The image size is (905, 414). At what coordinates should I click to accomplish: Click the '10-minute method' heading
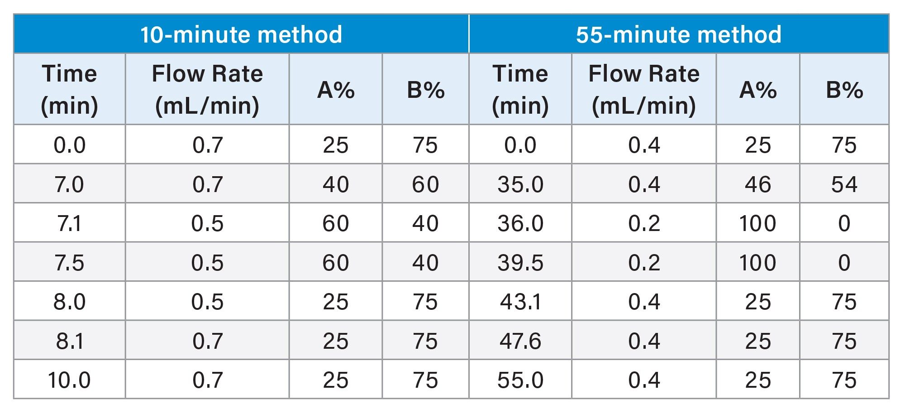click(241, 34)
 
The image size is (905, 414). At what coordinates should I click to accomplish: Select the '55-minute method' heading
click(678, 34)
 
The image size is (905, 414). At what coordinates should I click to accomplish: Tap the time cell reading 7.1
click(69, 223)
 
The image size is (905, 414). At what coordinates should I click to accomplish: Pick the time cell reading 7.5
click(69, 263)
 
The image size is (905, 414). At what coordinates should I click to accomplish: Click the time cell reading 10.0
click(69, 380)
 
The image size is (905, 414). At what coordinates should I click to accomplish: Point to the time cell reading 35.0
click(520, 184)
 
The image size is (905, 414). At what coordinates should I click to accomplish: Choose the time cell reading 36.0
click(520, 223)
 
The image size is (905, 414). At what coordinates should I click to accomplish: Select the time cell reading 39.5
click(520, 263)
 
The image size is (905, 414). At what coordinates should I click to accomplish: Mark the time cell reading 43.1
click(520, 302)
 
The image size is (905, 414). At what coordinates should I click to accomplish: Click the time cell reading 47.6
click(520, 341)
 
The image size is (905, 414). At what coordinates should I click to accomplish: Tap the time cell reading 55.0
click(520, 380)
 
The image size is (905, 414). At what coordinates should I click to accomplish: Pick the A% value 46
click(758, 184)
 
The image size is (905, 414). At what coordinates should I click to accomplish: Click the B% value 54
click(844, 184)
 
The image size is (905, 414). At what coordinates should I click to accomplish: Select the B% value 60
click(425, 184)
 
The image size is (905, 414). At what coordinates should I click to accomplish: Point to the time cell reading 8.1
click(69, 341)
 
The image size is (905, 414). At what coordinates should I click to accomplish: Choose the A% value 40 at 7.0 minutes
click(336, 184)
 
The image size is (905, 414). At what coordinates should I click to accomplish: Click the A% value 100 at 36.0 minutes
click(758, 223)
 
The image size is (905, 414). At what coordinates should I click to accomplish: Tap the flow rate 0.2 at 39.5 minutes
click(644, 263)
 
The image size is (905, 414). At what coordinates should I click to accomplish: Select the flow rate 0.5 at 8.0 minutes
click(207, 302)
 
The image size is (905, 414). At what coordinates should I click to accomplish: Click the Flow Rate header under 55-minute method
click(644, 89)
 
